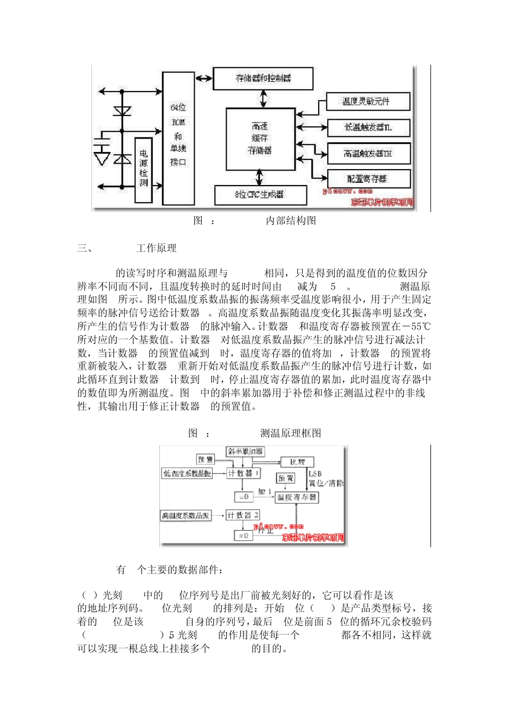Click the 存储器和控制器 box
click(263, 78)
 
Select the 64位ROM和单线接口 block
click(178, 138)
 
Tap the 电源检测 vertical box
click(143, 169)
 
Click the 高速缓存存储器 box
click(260, 139)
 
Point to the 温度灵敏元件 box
click(368, 101)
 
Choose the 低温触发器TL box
click(368, 127)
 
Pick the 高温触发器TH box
click(368, 154)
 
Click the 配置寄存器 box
click(368, 179)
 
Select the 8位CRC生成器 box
click(260, 195)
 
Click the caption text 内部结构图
click(291, 220)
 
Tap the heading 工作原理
click(156, 248)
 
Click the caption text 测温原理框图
click(291, 433)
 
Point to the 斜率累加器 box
click(245, 452)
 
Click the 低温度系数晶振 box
click(187, 473)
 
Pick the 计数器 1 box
click(243, 473)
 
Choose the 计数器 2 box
click(243, 515)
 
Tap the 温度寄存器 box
click(297, 497)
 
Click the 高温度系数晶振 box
click(186, 516)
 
